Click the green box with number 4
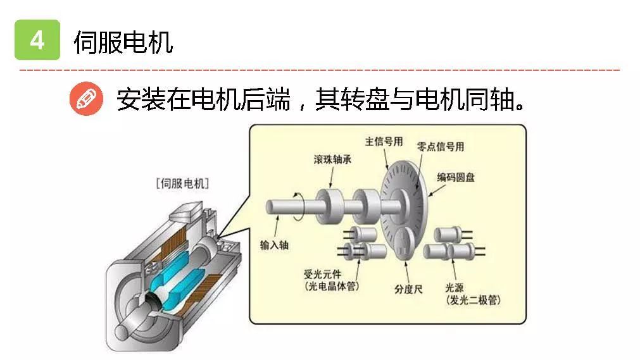click(x=37, y=40)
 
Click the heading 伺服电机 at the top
click(x=123, y=42)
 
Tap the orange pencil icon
click(x=86, y=99)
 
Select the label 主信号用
click(x=384, y=142)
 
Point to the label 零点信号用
click(x=441, y=147)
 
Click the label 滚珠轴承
click(x=332, y=159)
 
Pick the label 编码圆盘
click(x=456, y=177)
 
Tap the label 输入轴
click(x=274, y=245)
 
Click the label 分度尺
click(x=408, y=289)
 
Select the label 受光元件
click(x=322, y=275)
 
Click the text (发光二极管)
click(x=473, y=301)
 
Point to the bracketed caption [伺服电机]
click(x=182, y=183)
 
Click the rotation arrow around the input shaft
click(x=300, y=207)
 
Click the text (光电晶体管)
click(x=332, y=286)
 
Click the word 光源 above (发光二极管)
click(x=455, y=288)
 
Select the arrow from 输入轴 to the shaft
click(x=277, y=226)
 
